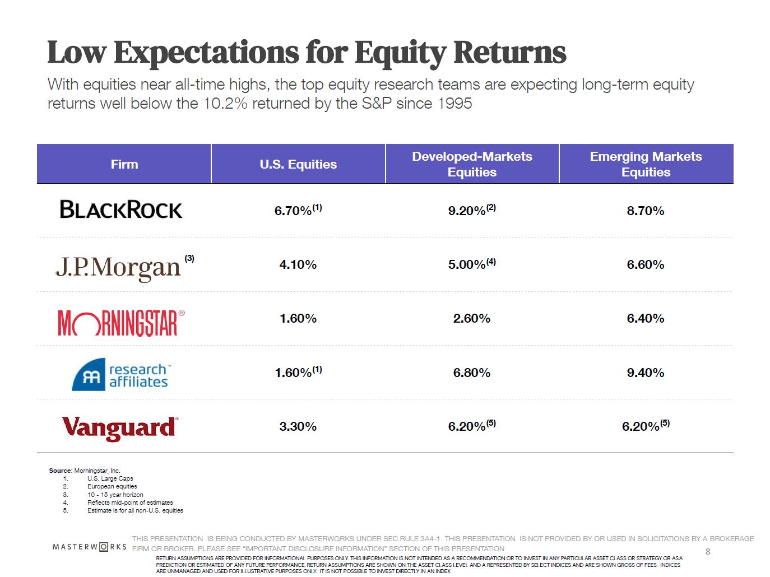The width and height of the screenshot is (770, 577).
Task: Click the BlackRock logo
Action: tap(121, 210)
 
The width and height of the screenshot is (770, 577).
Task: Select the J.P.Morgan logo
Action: tap(118, 267)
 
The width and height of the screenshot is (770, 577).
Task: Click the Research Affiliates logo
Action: tap(121, 374)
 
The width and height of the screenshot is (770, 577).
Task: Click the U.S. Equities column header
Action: tap(298, 164)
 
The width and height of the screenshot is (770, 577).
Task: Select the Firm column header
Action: tap(124, 164)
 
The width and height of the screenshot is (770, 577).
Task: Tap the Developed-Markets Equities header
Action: tap(472, 164)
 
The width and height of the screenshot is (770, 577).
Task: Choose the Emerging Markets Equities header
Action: tap(646, 164)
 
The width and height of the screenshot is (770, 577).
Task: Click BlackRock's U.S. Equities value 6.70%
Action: tap(294, 211)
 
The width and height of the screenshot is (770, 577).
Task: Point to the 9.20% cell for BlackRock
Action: tap(467, 211)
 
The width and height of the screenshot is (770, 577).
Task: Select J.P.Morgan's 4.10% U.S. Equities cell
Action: tap(298, 264)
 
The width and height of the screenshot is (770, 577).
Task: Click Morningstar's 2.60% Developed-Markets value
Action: tap(472, 318)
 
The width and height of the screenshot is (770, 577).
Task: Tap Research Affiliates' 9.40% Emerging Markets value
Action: tap(646, 373)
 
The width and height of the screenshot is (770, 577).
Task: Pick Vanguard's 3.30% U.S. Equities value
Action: tap(298, 426)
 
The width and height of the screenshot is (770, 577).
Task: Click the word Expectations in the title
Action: tap(206, 53)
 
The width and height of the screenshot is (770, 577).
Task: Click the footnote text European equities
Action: tap(112, 486)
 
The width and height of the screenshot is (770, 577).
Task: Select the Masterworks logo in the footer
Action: tap(90, 547)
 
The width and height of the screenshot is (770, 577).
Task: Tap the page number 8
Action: tap(708, 552)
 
